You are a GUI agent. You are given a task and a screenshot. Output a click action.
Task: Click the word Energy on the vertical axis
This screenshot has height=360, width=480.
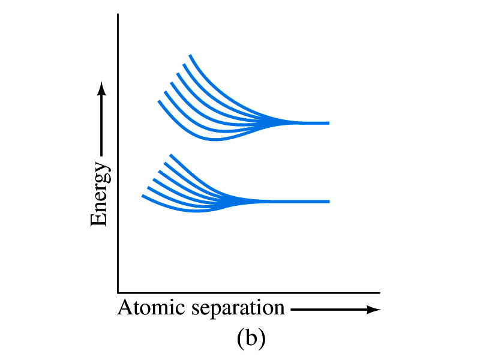pyautogui.click(x=100, y=194)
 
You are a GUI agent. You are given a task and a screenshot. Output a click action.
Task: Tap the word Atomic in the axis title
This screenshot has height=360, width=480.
pyautogui.click(x=151, y=307)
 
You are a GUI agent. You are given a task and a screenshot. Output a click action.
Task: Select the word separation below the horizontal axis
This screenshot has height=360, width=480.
pyautogui.click(x=238, y=308)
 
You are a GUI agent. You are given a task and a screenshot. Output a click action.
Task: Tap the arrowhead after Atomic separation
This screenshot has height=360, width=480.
pyautogui.click(x=373, y=310)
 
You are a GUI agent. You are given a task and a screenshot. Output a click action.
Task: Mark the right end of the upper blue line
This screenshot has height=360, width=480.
pyautogui.click(x=329, y=123)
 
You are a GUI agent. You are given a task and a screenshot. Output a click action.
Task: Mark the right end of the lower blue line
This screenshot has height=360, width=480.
pyautogui.click(x=329, y=202)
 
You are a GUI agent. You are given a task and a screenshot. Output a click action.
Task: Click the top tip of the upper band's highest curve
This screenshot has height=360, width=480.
pyautogui.click(x=190, y=55)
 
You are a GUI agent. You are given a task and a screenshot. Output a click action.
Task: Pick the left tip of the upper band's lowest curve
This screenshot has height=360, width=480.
pyautogui.click(x=158, y=101)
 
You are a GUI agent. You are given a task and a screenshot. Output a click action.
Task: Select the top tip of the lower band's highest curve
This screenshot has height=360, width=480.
pyautogui.click(x=170, y=155)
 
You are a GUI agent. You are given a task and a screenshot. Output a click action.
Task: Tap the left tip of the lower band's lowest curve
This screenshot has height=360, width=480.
pyautogui.click(x=142, y=196)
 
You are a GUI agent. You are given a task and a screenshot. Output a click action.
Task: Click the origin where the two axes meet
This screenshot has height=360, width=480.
pyautogui.click(x=118, y=293)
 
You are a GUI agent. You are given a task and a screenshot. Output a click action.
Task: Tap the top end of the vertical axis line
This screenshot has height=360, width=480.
pyautogui.click(x=118, y=14)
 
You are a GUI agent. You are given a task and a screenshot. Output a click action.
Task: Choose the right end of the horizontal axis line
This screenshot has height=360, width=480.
pyautogui.click(x=380, y=293)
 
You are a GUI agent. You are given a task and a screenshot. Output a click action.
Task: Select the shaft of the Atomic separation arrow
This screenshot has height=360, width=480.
pyautogui.click(x=329, y=310)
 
